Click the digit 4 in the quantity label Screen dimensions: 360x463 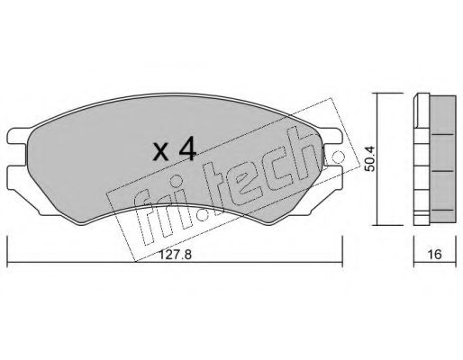[x=187, y=149]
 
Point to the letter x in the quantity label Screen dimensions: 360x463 [x=161, y=152]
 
